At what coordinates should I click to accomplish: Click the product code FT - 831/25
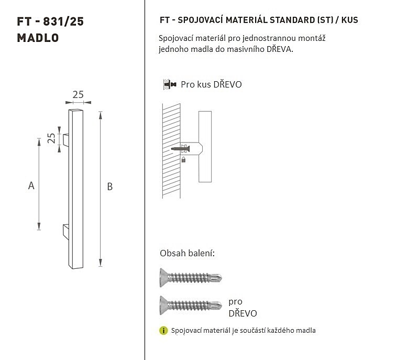50,21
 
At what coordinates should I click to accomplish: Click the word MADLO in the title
38,38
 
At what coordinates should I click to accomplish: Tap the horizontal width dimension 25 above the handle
78,95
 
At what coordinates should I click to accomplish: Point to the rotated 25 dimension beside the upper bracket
51,138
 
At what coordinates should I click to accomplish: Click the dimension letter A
31,186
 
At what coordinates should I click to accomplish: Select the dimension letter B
110,187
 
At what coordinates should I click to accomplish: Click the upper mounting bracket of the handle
66,140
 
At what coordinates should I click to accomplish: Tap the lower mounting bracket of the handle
66,232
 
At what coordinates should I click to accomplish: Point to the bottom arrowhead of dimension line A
39,226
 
